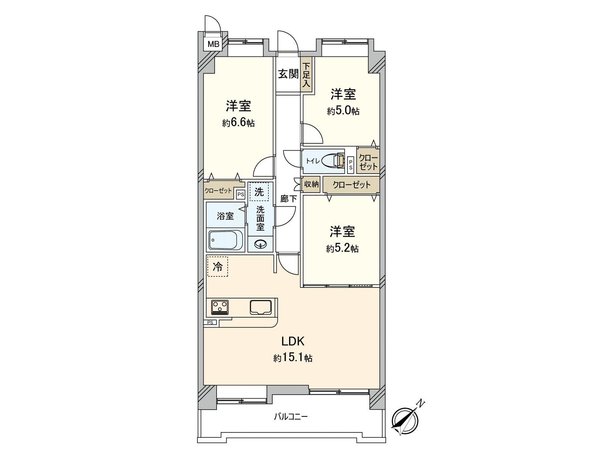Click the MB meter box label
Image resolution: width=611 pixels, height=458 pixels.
coord(213,44)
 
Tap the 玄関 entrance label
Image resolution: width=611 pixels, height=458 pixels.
coord(288,74)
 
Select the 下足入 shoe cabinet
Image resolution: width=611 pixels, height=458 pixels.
coord(307,75)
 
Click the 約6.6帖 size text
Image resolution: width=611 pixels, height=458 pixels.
coord(238,123)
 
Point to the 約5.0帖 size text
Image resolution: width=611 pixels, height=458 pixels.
coord(343,111)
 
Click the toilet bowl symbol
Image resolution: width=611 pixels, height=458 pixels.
coord(331,161)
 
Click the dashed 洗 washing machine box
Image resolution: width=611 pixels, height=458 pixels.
coord(259,192)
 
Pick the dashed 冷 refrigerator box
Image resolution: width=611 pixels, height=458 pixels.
coord(218,266)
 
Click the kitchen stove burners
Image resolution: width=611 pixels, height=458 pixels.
coord(220,307)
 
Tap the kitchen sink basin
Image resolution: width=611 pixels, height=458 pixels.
coord(260,307)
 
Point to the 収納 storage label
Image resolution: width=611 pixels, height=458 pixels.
coord(311,184)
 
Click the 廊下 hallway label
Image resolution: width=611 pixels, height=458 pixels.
coord(288,198)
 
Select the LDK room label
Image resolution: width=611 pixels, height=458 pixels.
coord(293,341)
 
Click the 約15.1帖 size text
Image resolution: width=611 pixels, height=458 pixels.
coord(293,358)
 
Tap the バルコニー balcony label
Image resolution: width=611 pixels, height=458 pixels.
coord(291,416)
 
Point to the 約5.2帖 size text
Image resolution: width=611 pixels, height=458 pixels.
coord(342,248)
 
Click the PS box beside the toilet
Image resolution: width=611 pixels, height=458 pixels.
coord(351,164)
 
